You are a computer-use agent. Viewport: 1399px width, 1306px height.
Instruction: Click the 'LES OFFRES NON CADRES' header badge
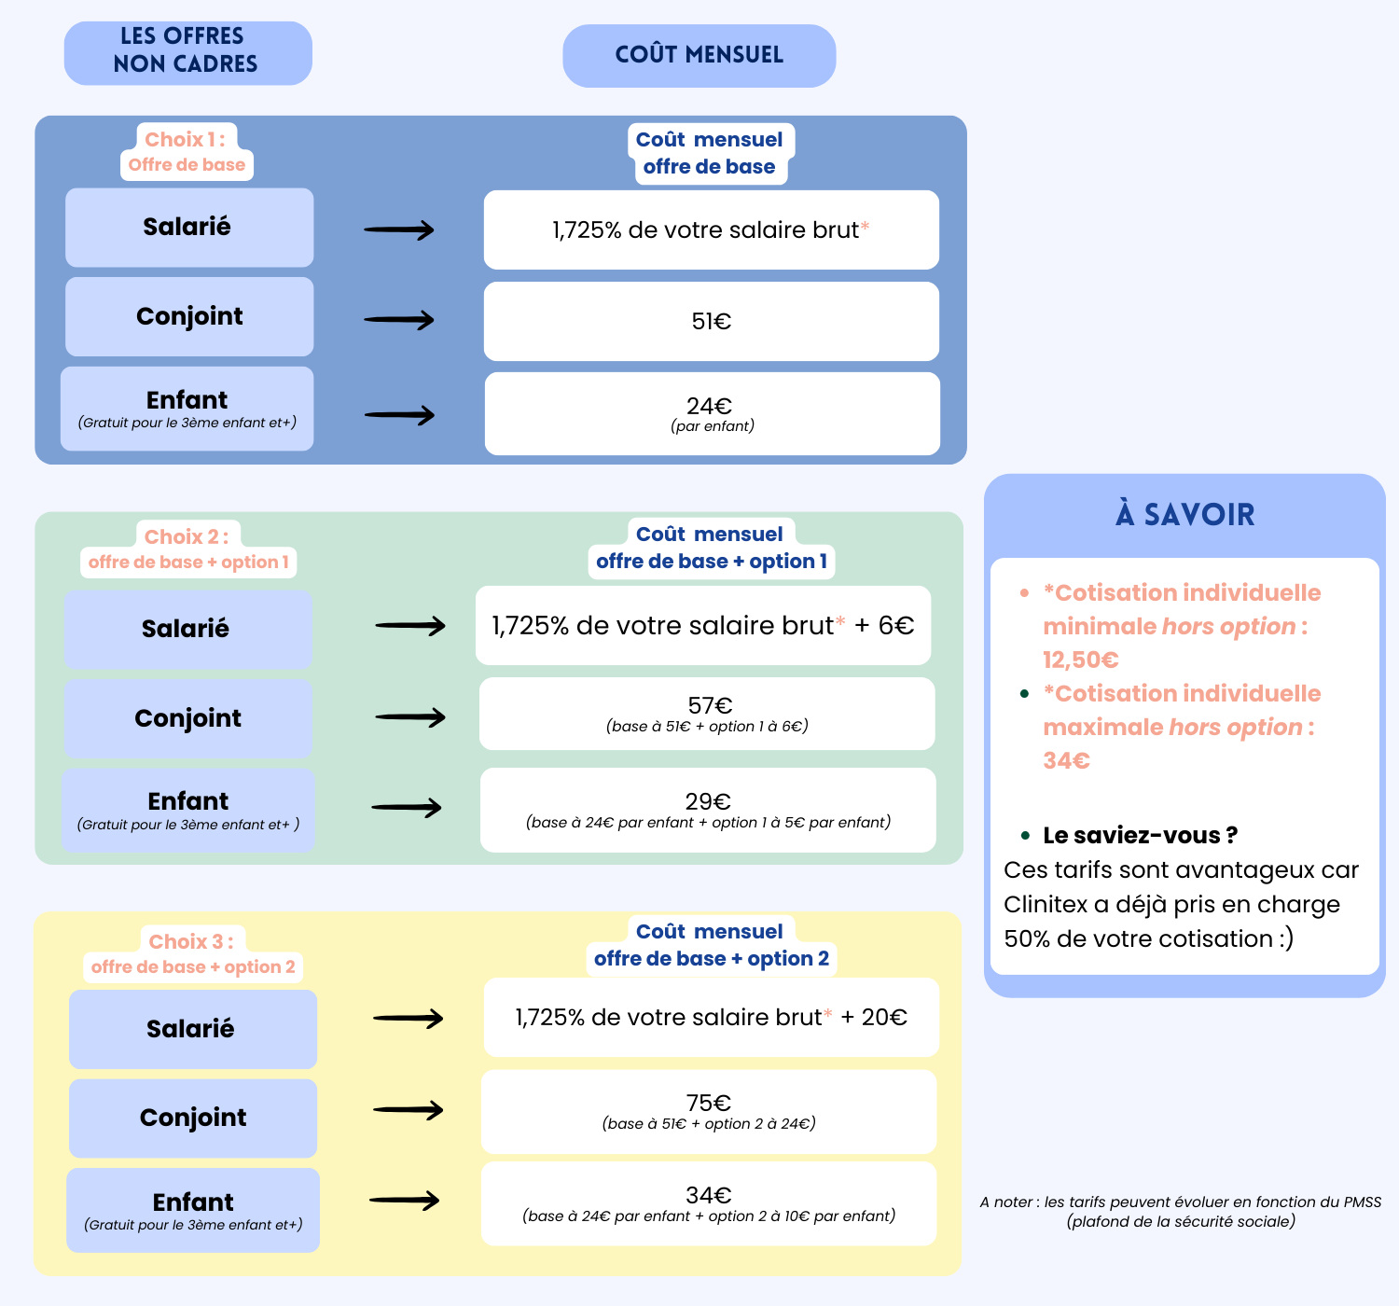pyautogui.click(x=188, y=53)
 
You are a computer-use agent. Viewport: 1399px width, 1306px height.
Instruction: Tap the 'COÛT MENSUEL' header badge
pyautogui.click(x=699, y=56)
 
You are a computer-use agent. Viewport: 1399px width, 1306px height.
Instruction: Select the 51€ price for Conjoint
pyautogui.click(x=712, y=322)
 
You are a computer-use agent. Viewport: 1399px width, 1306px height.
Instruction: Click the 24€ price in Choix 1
pyautogui.click(x=710, y=406)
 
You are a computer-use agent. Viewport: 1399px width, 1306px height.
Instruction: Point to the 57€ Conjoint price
pyautogui.click(x=710, y=705)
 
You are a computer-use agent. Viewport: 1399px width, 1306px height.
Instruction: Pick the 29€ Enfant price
pyautogui.click(x=708, y=801)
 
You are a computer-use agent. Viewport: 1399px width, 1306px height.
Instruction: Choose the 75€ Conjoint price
pyautogui.click(x=709, y=1103)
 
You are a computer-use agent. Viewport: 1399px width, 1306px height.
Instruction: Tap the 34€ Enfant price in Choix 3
pyautogui.click(x=709, y=1195)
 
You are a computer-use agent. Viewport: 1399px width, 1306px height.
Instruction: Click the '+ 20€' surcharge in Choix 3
pyautogui.click(x=874, y=1017)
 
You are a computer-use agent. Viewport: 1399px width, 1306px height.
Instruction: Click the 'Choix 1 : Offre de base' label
pyautogui.click(x=187, y=151)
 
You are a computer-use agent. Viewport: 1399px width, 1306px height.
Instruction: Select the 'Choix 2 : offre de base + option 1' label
pyautogui.click(x=188, y=549)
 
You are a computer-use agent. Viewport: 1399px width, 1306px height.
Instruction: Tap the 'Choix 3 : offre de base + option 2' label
pyautogui.click(x=193, y=953)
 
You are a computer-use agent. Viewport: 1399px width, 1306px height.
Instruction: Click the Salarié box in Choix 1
pyautogui.click(x=189, y=227)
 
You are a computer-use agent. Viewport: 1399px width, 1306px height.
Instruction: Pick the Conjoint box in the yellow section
pyautogui.click(x=193, y=1118)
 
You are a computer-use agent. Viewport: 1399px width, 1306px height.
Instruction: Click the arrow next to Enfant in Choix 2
pyautogui.click(x=407, y=807)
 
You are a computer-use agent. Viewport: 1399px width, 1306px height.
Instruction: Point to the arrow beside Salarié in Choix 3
pyautogui.click(x=408, y=1018)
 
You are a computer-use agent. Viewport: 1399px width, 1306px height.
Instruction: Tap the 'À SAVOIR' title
pyautogui.click(x=1184, y=515)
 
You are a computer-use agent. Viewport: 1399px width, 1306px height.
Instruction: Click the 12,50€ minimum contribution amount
pyautogui.click(x=1081, y=660)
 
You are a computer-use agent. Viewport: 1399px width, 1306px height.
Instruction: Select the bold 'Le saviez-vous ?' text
pyautogui.click(x=1140, y=835)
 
